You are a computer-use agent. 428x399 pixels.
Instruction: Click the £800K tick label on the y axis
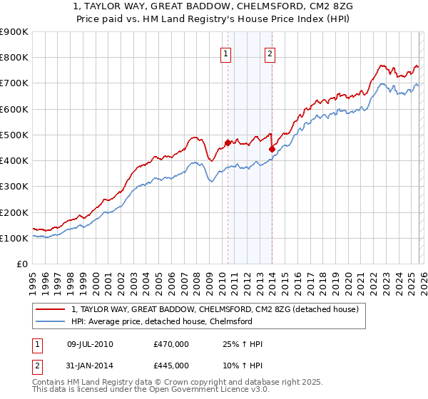(x=14, y=58)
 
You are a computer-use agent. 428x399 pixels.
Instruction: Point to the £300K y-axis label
(x=14, y=187)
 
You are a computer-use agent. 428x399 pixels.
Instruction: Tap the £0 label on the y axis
(x=23, y=264)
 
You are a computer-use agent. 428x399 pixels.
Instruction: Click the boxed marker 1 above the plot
(x=226, y=53)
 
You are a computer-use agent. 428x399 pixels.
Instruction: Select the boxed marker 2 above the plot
(x=271, y=53)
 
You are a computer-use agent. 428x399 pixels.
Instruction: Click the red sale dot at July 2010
(x=228, y=142)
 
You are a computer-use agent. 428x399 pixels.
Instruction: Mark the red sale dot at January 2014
(x=272, y=149)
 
